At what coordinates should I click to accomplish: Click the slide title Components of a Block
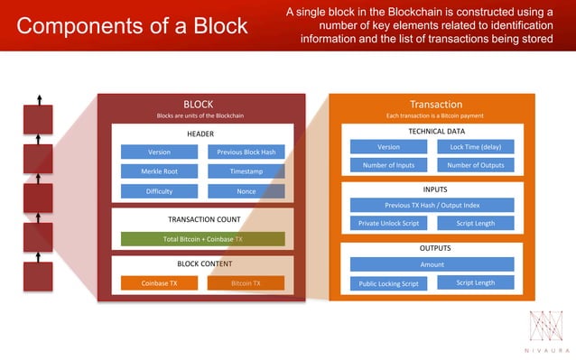tap(132, 25)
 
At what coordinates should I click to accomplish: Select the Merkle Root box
tap(159, 171)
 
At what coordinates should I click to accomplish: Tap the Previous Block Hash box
tap(246, 152)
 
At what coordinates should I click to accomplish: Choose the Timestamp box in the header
tap(246, 171)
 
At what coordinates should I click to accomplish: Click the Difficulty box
tap(159, 191)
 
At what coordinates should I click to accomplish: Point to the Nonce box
tap(246, 191)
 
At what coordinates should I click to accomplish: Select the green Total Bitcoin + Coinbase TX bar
tap(202, 239)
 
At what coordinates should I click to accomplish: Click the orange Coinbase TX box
tap(159, 283)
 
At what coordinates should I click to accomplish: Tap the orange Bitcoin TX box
tap(246, 283)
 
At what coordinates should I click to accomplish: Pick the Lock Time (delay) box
tap(475, 146)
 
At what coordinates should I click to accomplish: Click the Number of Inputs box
tap(388, 165)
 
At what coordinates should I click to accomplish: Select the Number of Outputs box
tap(475, 165)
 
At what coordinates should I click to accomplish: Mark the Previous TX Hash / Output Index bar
tap(432, 206)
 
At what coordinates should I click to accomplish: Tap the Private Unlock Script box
tap(388, 223)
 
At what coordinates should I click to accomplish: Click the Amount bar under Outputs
tap(432, 264)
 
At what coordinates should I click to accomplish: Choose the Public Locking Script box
tap(388, 283)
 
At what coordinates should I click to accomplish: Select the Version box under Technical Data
tap(388, 146)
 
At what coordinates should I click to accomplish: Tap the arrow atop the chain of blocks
tap(39, 98)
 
